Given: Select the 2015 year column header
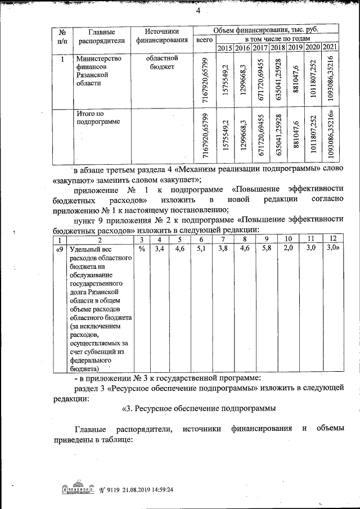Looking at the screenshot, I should coord(225,48).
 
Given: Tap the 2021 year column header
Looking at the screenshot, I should coord(330,48).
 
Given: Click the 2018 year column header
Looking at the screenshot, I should coord(277,48).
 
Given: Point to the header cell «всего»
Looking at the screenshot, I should coord(204,40).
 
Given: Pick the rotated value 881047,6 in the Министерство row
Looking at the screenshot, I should coord(296,81).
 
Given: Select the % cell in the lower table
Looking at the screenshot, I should coord(142,247).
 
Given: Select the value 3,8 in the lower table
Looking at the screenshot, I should coord(223,247).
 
